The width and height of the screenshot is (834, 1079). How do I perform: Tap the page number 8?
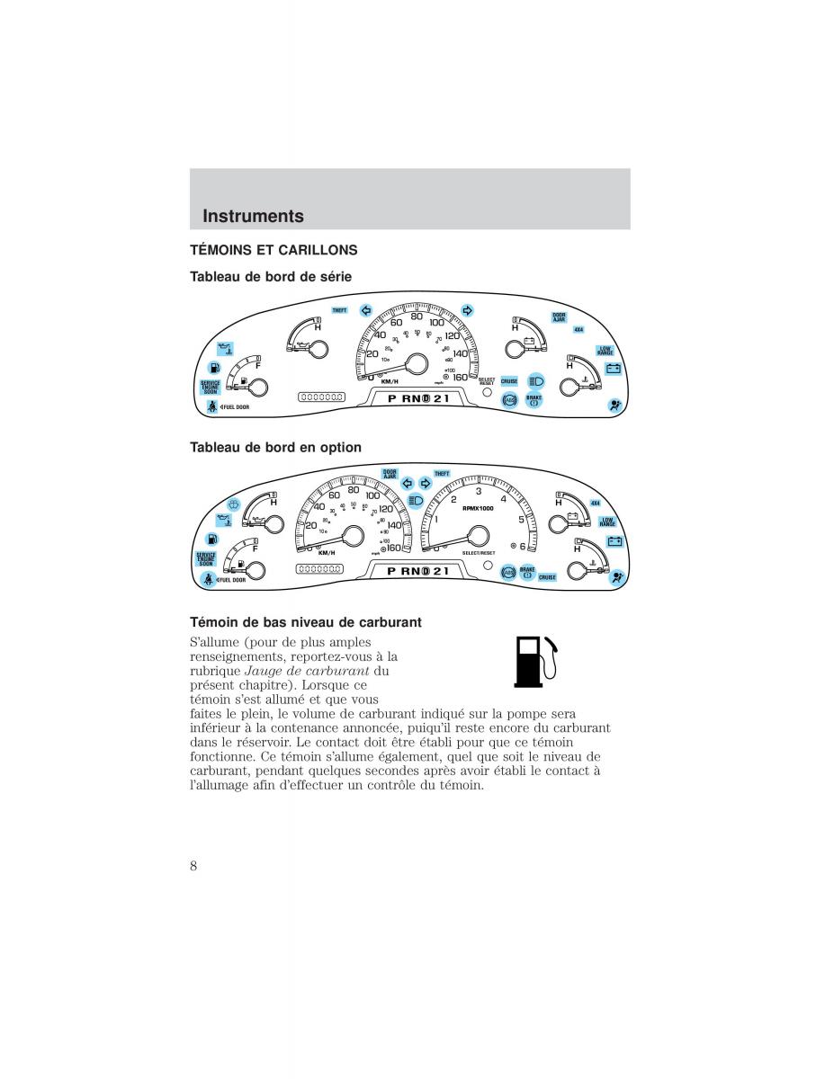(x=194, y=865)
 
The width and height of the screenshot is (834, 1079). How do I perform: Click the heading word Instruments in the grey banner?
(x=254, y=217)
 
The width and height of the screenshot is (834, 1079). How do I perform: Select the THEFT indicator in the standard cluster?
(x=339, y=310)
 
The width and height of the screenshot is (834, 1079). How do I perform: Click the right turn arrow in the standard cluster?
(x=467, y=310)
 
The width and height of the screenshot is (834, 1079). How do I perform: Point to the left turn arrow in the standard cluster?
(x=365, y=310)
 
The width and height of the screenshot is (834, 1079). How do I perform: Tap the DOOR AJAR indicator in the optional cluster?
(x=390, y=474)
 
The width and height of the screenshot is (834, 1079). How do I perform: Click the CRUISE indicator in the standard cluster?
(x=509, y=381)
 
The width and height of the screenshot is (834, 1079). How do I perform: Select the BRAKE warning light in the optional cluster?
(x=527, y=572)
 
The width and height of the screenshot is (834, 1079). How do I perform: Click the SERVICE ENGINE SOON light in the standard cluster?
(x=211, y=388)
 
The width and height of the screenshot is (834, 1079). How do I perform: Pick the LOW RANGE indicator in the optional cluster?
(x=608, y=522)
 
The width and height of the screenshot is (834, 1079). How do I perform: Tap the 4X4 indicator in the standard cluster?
(x=578, y=329)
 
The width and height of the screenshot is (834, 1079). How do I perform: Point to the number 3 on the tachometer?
(x=479, y=491)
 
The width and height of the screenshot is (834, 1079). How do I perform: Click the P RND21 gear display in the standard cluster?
(x=417, y=398)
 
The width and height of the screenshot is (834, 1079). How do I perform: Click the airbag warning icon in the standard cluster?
(x=615, y=405)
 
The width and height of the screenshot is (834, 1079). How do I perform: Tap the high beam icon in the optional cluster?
(x=416, y=501)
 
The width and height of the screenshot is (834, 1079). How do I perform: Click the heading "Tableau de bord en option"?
(x=275, y=447)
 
